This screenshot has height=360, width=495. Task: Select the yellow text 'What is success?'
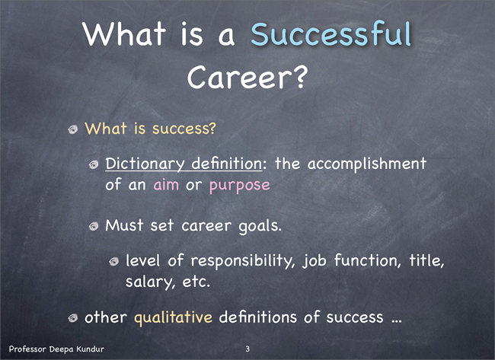150,129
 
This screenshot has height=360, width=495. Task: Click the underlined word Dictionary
145,164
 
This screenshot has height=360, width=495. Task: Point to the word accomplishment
367,164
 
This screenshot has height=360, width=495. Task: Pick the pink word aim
166,185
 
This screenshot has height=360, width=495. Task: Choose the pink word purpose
240,186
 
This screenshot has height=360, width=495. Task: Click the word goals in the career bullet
259,227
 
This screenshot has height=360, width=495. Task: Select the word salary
150,282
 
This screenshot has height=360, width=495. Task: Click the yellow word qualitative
174,318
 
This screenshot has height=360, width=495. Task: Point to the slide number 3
247,349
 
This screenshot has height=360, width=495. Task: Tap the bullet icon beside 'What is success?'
73,129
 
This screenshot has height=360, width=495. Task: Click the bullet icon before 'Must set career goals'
94,226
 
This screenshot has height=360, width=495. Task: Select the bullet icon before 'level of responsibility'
114,261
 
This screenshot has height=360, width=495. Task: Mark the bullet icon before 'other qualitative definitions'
73,317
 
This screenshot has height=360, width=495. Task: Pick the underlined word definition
227,164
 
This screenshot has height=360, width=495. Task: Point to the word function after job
368,260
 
